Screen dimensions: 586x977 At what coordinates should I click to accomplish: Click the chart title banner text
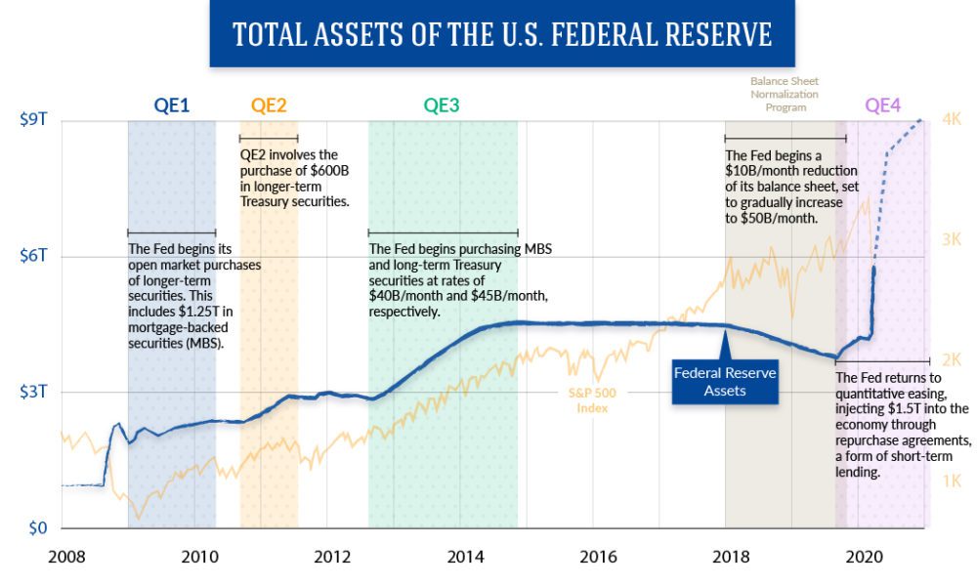502,35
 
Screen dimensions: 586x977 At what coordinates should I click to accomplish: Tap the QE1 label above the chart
171,105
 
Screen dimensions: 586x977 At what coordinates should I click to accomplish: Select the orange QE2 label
269,105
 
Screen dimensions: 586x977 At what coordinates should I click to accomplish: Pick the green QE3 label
442,105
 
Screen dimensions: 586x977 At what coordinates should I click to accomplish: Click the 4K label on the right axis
952,119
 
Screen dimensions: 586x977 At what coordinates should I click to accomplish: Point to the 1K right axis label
952,481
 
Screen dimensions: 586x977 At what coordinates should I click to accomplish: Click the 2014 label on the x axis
465,558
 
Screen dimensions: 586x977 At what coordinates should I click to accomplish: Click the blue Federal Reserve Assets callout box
724,382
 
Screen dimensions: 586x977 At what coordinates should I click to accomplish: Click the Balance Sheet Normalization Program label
784,94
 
